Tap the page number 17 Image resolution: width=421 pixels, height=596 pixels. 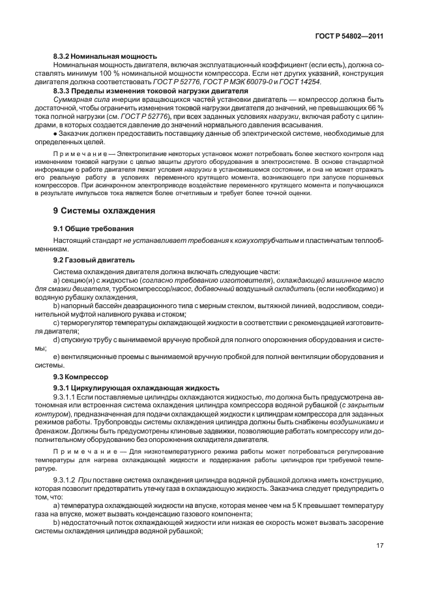(x=379, y=546)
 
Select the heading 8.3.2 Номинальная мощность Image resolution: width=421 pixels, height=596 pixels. (x=105, y=57)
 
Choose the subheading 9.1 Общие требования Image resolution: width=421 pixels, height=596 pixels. (x=93, y=228)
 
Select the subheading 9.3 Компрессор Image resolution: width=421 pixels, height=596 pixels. (x=81, y=377)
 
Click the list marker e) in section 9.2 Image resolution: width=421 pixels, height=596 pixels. (x=57, y=356)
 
